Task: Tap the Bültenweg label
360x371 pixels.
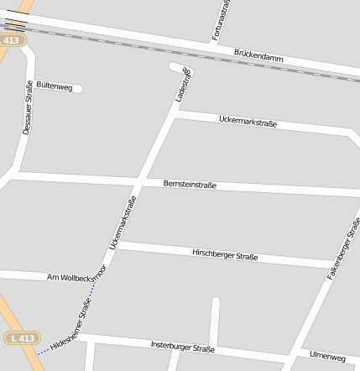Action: pos(55,86)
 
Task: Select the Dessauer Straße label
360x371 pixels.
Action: pos(28,108)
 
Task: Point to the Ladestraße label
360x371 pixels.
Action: pos(182,86)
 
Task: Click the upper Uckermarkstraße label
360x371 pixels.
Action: pos(248,123)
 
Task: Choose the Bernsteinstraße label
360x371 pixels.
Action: pos(189,183)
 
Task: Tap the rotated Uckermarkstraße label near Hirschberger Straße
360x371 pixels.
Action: pos(123,222)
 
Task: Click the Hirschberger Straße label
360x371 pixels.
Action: pos(224,254)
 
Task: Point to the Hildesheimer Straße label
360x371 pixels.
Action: pos(70,330)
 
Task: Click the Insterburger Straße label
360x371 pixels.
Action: pos(182,346)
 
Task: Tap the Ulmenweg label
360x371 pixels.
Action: pos(327,357)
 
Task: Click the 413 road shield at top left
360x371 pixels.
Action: pos(12,39)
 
